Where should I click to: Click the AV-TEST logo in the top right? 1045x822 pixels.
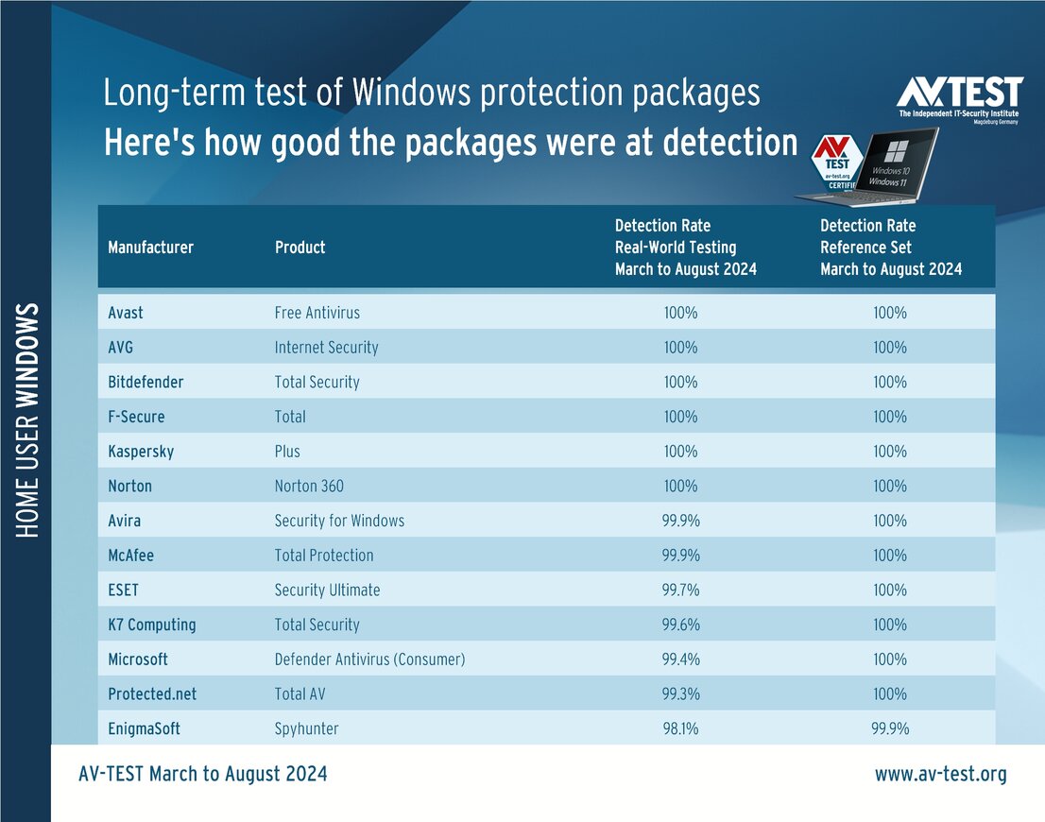coord(959,102)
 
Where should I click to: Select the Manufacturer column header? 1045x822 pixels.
coord(150,248)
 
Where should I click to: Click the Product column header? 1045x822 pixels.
coord(300,248)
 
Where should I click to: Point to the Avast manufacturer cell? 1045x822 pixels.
coord(126,313)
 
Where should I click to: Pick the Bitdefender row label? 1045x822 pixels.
coord(146,383)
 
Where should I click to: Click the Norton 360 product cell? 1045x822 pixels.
coord(309,487)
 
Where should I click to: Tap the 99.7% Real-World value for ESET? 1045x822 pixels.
coord(680,591)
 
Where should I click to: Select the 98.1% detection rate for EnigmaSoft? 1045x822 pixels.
coord(680,729)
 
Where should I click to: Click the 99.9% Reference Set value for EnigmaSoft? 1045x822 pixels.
coord(890,729)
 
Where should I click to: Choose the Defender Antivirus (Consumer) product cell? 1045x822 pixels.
coord(369,659)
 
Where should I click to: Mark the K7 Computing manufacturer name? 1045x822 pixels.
coord(152,625)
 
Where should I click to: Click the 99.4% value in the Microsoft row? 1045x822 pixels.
coord(680,659)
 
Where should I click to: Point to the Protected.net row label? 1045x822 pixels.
coord(152,694)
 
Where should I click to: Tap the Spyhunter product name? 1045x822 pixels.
coord(306,729)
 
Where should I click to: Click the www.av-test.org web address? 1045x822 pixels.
coord(940,775)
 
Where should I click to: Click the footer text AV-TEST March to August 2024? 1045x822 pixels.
coord(203,775)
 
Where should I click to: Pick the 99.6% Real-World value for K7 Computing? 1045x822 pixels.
coord(680,625)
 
